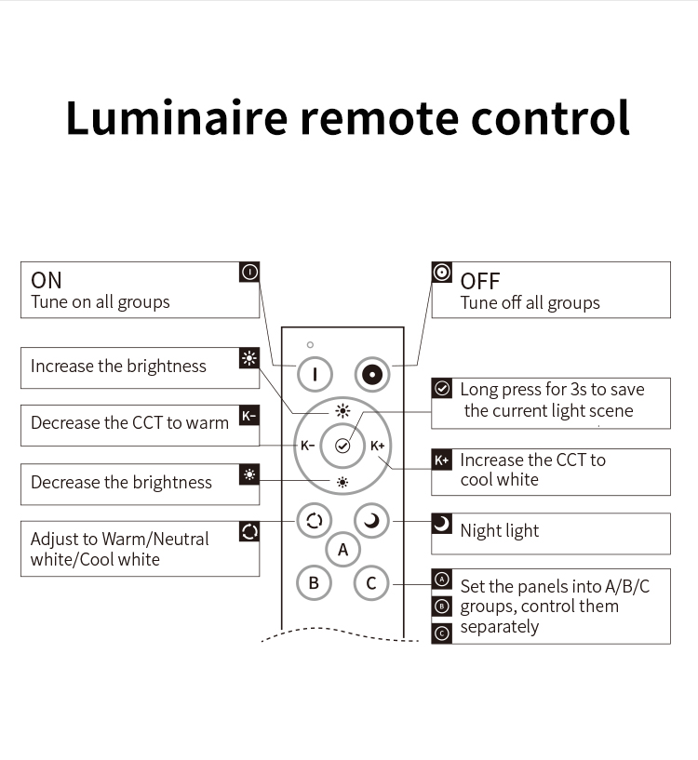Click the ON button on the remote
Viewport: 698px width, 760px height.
tap(315, 374)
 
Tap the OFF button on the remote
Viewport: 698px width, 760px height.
tap(372, 374)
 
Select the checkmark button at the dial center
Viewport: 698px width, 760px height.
tap(342, 446)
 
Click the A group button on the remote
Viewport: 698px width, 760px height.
tap(342, 550)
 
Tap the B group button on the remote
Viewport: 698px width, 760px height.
tap(314, 582)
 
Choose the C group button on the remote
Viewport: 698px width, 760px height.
tap(371, 582)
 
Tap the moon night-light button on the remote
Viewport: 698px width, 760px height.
tap(371, 521)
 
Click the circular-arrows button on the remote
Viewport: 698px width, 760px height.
tap(315, 521)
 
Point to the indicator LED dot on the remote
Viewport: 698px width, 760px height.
tap(311, 344)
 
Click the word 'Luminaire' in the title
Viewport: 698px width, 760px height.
tap(177, 118)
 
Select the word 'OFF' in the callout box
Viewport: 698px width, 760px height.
tap(479, 281)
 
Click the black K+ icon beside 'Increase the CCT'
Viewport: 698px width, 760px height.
tap(442, 460)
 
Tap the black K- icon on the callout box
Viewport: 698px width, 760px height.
tap(249, 416)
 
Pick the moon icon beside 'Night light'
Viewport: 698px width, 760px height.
tap(442, 524)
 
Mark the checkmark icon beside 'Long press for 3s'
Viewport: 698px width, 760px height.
tap(442, 388)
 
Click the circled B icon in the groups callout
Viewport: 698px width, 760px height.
tap(442, 606)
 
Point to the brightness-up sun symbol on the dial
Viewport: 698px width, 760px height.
tap(342, 411)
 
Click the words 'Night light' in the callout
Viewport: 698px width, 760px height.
tap(500, 531)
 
